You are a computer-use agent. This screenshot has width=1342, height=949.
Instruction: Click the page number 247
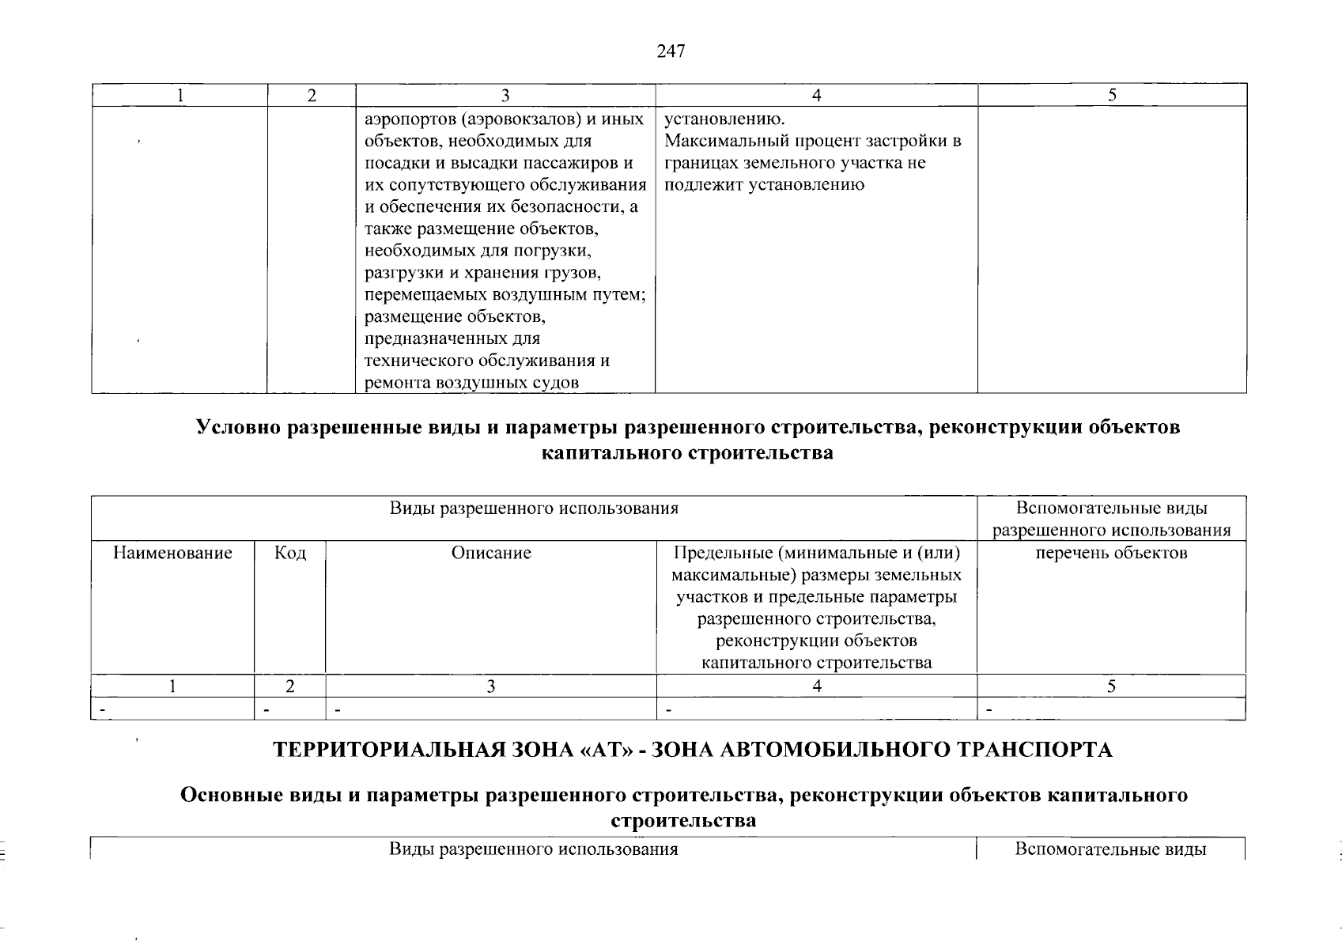point(671,51)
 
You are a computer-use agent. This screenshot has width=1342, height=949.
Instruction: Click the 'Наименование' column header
point(172,553)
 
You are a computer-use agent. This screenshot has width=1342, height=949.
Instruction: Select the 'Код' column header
point(289,553)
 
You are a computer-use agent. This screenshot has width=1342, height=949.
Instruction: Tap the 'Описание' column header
point(491,553)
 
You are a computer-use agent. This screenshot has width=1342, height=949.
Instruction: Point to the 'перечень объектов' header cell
point(1111,553)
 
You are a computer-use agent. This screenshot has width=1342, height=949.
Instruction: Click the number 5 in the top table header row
point(1112,96)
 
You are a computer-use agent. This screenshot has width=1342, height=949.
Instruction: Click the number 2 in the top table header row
point(312,96)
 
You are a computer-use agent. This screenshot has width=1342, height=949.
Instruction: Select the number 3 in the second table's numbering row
point(490,686)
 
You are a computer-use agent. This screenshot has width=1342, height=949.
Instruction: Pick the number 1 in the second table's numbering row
point(172,686)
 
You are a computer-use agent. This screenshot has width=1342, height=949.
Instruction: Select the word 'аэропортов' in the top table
point(410,119)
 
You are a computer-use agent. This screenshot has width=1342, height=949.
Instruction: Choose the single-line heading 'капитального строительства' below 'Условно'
point(687,454)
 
